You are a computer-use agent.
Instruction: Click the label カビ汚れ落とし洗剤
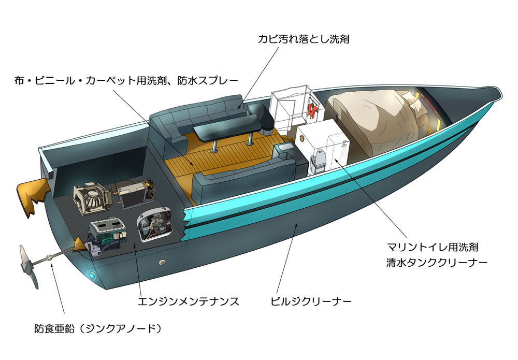[x=303, y=39]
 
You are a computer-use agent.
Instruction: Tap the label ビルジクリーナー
[x=310, y=301]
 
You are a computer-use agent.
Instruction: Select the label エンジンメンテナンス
[x=188, y=301]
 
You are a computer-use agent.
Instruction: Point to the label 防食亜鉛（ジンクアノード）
[x=98, y=328]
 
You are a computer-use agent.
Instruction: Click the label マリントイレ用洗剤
[x=433, y=247]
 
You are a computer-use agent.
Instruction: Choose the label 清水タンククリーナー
[x=437, y=263]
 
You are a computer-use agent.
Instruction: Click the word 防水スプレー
[x=208, y=81]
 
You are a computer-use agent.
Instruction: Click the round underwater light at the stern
[x=92, y=275]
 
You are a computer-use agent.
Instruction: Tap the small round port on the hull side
[x=162, y=263]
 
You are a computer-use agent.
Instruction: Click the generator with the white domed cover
[x=154, y=224]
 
